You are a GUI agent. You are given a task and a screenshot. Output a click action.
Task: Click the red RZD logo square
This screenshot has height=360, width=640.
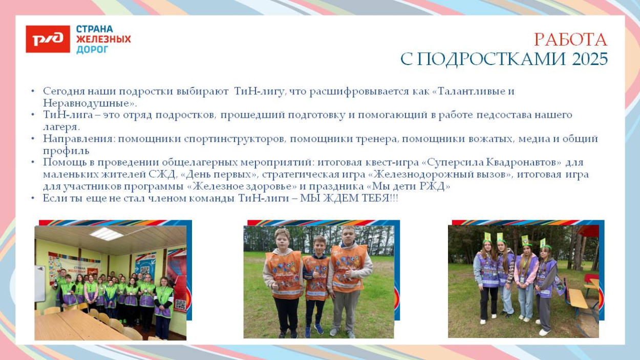48,39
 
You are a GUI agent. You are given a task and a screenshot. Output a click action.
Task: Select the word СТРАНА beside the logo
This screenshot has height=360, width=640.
95,29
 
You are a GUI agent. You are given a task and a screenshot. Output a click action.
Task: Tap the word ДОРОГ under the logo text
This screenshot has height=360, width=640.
92,50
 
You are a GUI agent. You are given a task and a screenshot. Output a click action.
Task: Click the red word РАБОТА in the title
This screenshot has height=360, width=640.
570,40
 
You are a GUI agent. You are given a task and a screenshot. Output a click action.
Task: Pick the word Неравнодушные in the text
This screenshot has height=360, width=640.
84,103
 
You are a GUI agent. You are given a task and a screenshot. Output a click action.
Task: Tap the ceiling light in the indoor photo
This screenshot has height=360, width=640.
106,234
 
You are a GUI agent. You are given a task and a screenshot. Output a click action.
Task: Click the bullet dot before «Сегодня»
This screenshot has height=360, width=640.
33,91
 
